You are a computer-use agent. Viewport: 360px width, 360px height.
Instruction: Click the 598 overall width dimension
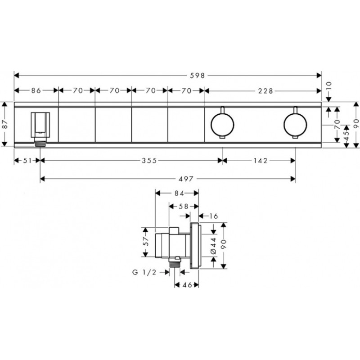197,75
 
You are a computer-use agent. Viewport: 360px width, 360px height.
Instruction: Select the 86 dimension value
36,90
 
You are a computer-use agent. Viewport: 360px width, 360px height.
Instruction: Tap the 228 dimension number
265,91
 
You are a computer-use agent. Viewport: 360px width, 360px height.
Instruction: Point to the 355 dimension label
149,161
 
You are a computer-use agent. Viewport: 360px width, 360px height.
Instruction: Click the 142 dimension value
261,161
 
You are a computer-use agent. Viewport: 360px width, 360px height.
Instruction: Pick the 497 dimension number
186,179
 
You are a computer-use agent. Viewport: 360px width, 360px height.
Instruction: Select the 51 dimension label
27,161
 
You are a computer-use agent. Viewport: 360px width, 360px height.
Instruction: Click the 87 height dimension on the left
5,124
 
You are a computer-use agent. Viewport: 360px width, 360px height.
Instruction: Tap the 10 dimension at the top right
329,86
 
